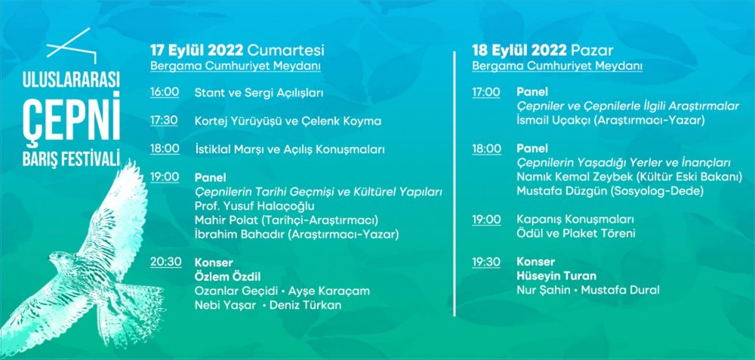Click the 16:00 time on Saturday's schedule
point(164,92)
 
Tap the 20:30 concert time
point(165,263)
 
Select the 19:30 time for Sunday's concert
point(485,263)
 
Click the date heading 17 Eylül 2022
point(197,51)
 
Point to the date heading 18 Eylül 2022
point(519,51)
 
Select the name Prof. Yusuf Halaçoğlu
point(254,207)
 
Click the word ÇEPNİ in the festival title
point(71,122)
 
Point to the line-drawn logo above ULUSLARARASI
point(71,46)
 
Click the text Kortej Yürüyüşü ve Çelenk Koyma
point(288,122)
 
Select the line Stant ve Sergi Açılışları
point(258,94)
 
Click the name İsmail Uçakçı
point(553,121)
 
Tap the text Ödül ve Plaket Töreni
point(576,234)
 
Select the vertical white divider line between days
point(454,184)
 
